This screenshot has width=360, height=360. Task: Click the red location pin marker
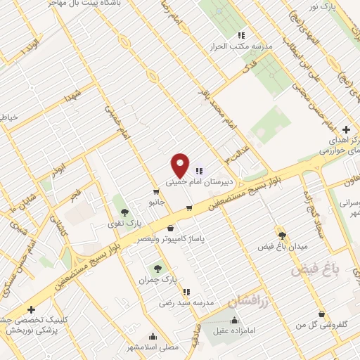click(181, 166)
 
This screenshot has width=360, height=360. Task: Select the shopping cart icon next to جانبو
click(155, 191)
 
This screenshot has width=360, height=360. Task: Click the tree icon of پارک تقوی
click(124, 212)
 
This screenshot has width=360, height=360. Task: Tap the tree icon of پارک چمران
click(157, 268)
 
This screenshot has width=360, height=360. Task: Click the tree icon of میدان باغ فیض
click(282, 236)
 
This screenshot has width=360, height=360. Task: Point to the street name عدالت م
click(236, 150)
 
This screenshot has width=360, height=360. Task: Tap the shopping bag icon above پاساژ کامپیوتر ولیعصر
click(172, 228)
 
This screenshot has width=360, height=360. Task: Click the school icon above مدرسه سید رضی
click(186, 291)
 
